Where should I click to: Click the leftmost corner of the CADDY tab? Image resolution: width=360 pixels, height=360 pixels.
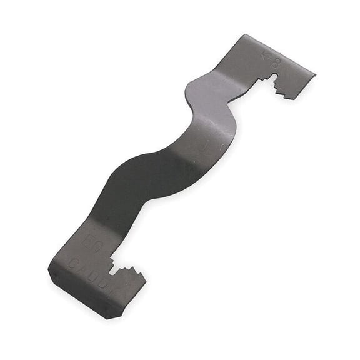(x=49, y=269)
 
